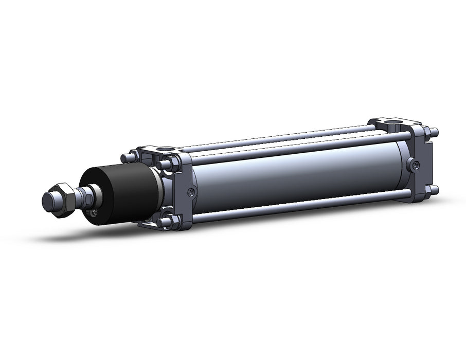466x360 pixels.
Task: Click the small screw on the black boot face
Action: pos(95,211)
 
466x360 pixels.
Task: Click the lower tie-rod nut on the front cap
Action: pos(165,222)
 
